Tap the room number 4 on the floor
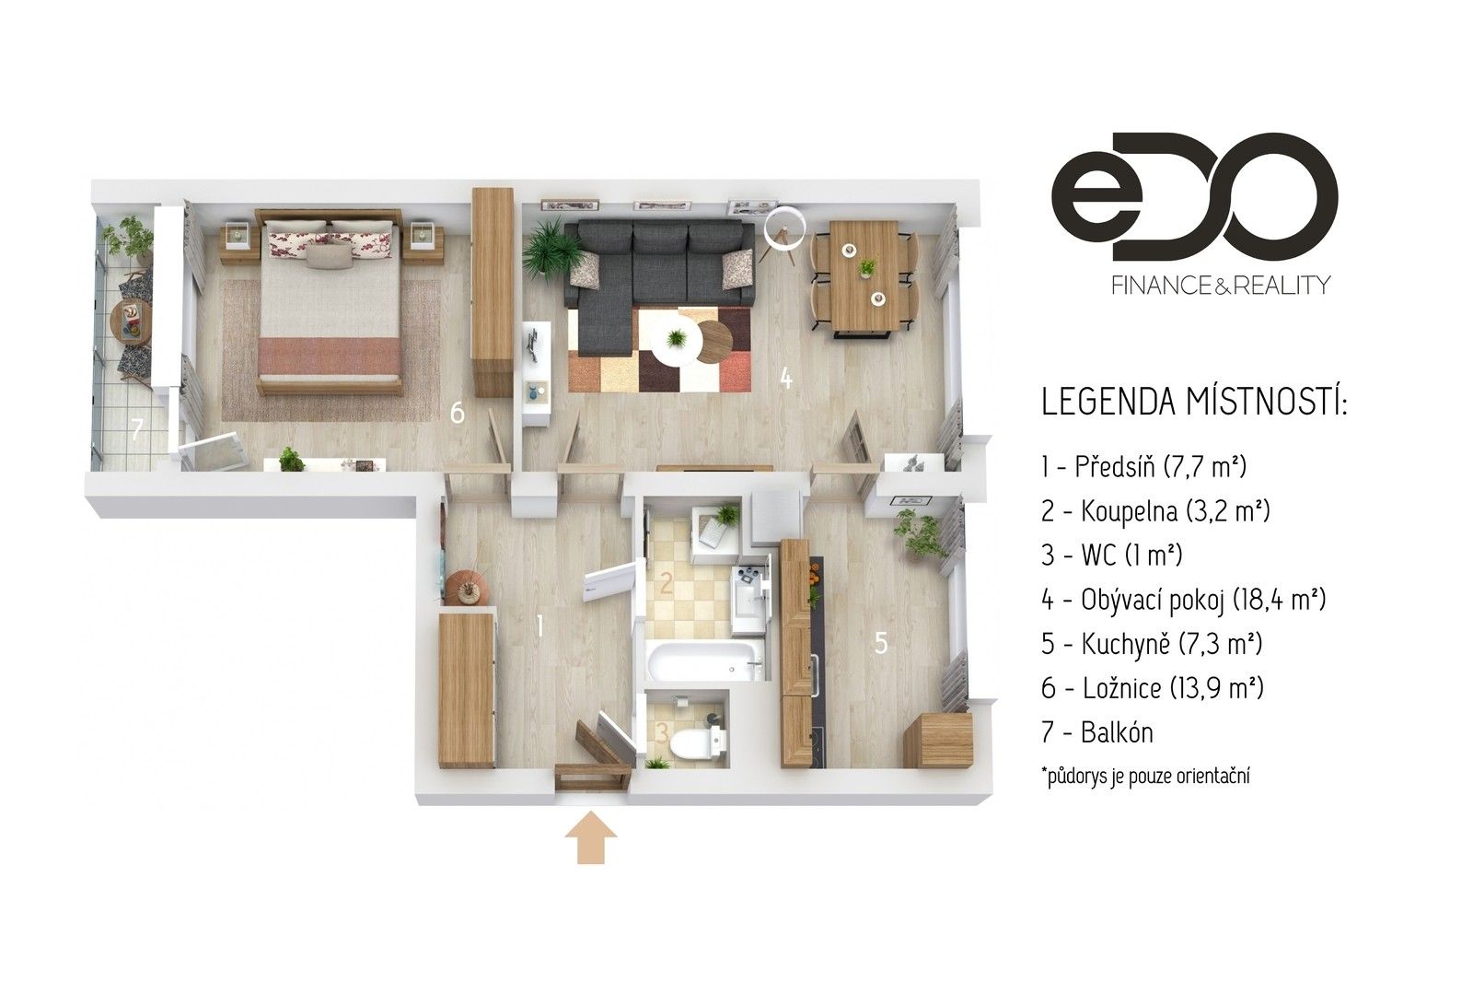785,378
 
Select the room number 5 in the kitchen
881,643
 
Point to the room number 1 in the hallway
539,627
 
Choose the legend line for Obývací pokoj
1183,600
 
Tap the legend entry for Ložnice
1152,688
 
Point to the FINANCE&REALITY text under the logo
1194,285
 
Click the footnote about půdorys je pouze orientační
1145,777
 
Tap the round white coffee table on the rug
677,339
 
